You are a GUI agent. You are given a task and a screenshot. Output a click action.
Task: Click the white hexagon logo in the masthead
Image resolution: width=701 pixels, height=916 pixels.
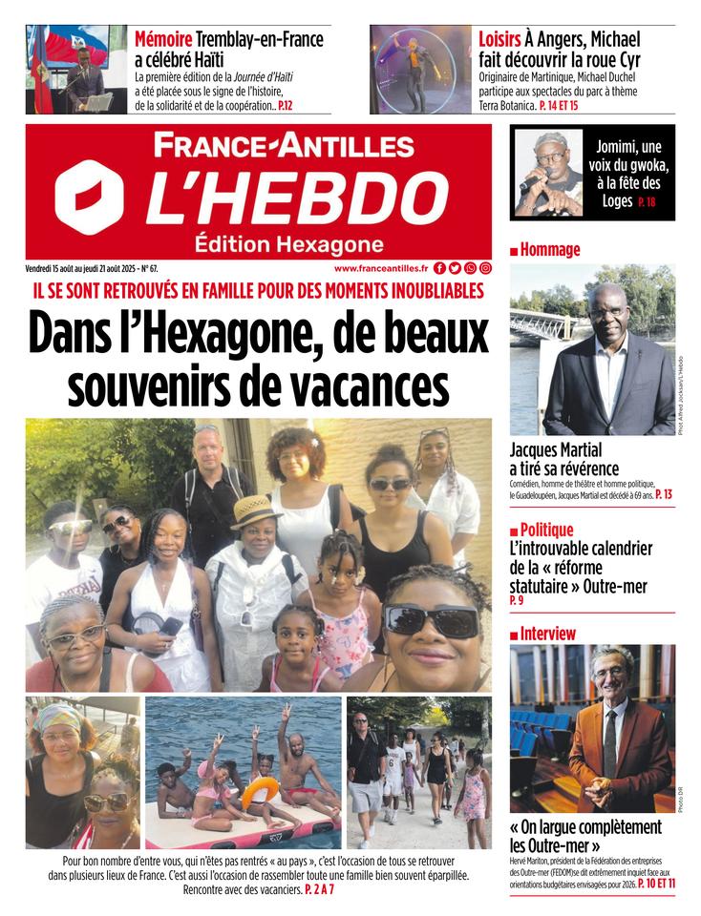(89, 197)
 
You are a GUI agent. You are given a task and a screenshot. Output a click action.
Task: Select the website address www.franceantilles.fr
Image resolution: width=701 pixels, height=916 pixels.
(380, 269)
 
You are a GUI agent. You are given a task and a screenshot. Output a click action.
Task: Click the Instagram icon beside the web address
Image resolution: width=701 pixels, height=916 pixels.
(485, 269)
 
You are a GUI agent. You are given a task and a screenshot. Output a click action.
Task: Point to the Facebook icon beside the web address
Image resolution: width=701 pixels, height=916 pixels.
(439, 269)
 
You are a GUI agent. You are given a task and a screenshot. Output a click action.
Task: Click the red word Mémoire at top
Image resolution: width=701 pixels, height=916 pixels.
(162, 40)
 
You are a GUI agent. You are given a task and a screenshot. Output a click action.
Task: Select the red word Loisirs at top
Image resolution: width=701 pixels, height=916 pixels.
(499, 40)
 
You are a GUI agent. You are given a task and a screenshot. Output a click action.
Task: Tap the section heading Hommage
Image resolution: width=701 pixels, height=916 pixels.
(549, 250)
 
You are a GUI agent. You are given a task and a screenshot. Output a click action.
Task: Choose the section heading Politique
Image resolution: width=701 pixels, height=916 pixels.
(547, 530)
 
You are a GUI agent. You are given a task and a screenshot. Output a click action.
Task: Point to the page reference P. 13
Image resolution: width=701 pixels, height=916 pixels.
(664, 494)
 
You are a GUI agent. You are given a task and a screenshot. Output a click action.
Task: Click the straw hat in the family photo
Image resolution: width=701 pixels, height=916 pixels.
(256, 510)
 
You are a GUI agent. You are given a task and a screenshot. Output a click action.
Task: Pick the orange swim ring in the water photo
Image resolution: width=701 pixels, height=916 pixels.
(260, 788)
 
